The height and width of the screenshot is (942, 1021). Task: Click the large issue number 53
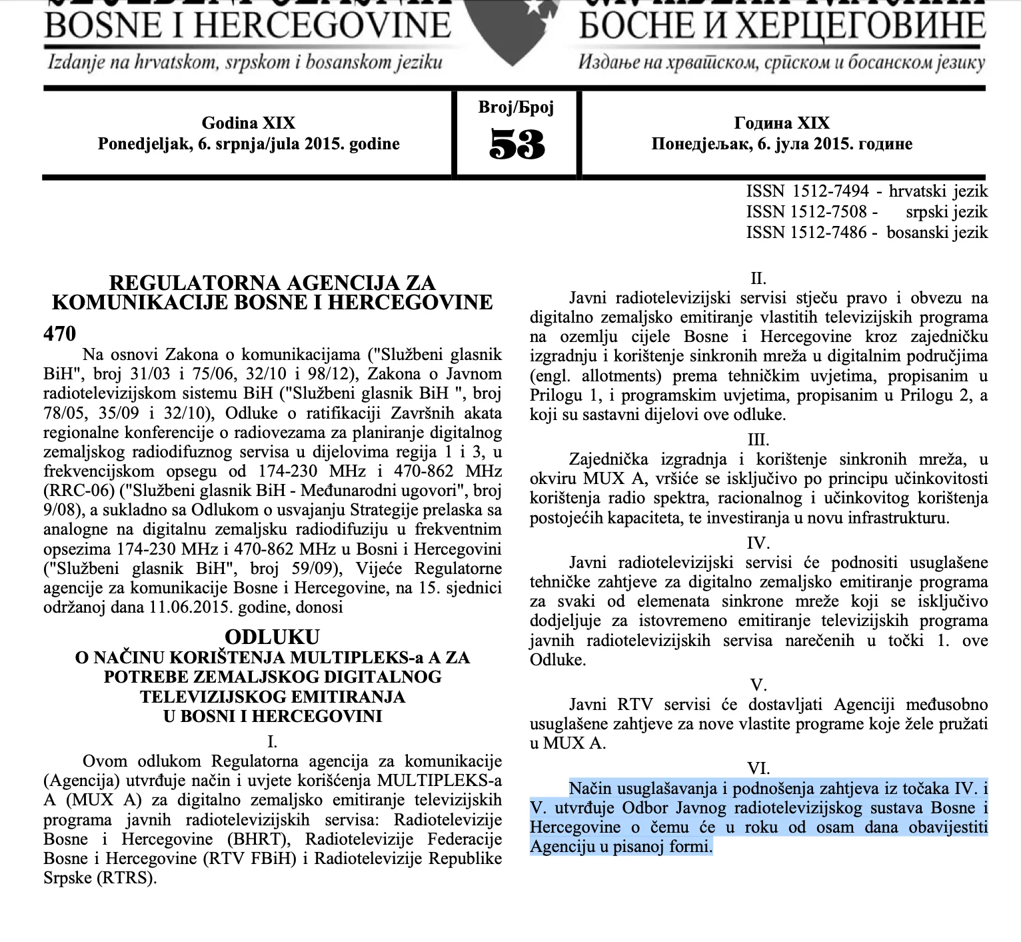pos(516,144)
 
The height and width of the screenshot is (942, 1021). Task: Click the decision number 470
pos(60,333)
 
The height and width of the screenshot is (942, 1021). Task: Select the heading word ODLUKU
pos(272,636)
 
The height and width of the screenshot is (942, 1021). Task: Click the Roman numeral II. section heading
pos(758,278)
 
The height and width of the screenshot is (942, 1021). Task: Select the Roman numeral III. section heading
pos(758,440)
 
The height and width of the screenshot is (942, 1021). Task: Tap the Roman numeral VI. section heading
pos(758,769)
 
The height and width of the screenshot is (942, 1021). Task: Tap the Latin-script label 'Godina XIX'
pos(248,123)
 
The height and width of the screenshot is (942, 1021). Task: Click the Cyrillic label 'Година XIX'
pos(782,123)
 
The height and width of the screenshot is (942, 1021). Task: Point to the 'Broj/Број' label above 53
pos(516,107)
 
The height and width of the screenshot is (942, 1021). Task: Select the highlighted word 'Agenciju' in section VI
pos(561,847)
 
